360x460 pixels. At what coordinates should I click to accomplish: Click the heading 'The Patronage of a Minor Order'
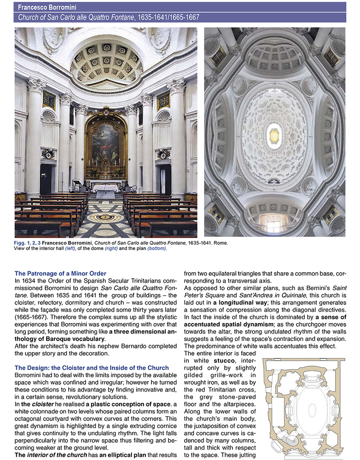point(60,274)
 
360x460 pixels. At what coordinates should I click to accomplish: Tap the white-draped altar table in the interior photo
point(106,191)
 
